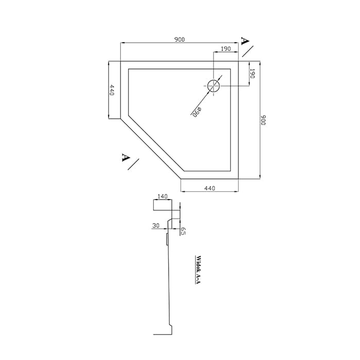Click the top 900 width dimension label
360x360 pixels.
(179, 40)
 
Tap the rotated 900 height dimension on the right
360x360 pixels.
(263, 120)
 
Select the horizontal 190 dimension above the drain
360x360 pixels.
(226, 49)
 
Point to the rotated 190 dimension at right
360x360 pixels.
(253, 74)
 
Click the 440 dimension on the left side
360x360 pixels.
(112, 90)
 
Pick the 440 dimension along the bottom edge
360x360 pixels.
(210, 188)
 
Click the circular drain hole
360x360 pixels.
(213, 86)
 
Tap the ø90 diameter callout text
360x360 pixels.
(197, 112)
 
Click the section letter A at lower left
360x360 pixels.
(125, 157)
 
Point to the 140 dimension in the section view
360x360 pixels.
(163, 196)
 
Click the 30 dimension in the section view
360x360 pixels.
(156, 226)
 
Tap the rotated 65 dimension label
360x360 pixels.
(183, 231)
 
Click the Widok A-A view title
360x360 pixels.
(198, 270)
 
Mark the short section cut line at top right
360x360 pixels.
(248, 51)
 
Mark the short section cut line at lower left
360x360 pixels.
(133, 164)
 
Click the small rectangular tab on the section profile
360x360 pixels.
(167, 239)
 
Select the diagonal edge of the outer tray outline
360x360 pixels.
(151, 149)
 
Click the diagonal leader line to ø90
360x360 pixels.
(206, 94)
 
